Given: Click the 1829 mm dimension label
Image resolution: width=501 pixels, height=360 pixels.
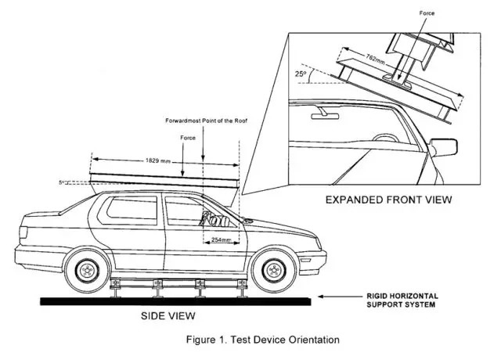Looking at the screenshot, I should point(160,160).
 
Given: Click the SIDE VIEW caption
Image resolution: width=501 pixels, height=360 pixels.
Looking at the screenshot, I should point(168,316).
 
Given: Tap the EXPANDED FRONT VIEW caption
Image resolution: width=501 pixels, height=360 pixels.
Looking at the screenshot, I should point(388,200).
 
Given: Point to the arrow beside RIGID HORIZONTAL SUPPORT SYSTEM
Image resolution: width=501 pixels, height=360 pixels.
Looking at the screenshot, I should point(341,297).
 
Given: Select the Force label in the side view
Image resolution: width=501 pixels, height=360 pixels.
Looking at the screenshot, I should point(187,138).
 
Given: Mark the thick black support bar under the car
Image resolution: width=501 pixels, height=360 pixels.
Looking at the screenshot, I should point(172,300).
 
